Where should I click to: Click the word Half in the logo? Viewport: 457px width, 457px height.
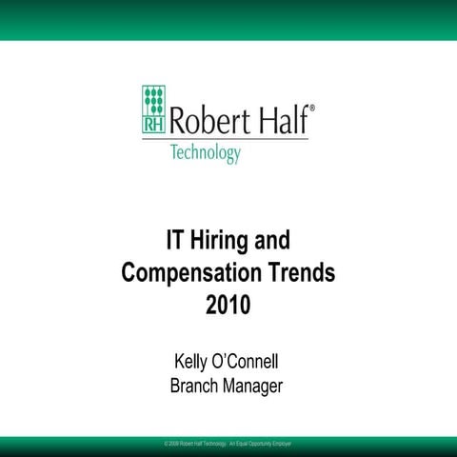point(282,119)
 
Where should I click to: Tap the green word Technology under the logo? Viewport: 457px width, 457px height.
point(205,152)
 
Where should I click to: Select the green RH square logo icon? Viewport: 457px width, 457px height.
point(153,108)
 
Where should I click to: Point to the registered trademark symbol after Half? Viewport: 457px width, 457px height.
point(313,108)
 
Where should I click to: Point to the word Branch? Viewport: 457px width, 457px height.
point(195,386)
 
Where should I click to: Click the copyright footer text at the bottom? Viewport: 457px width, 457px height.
point(228,445)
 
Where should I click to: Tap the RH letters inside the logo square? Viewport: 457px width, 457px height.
point(153,123)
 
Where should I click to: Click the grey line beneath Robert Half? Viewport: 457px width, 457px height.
point(238,139)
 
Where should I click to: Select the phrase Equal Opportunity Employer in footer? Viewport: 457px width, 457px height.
point(268,445)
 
